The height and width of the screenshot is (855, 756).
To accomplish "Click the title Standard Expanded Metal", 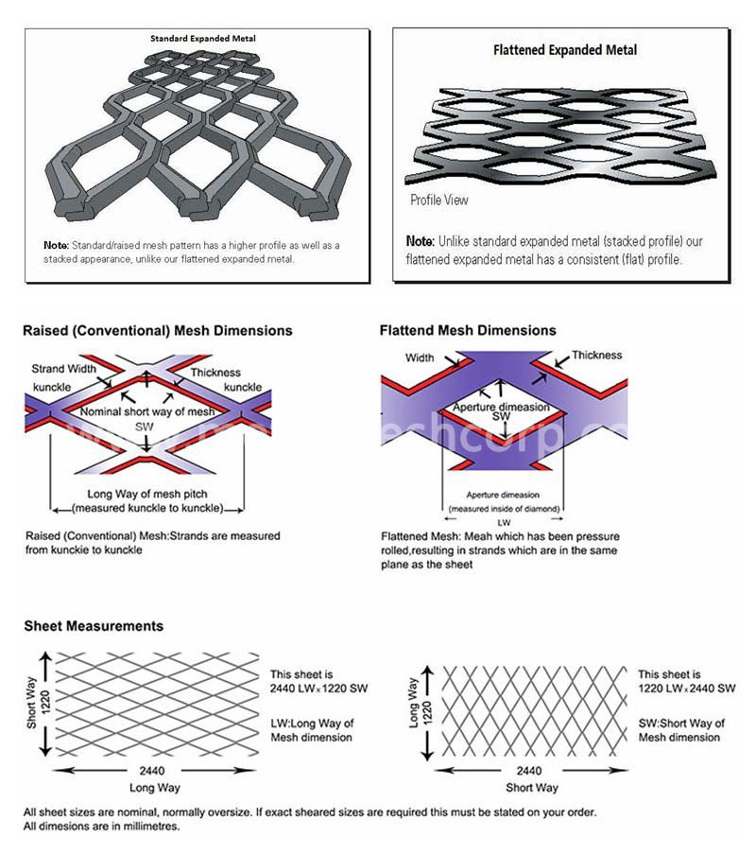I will click(203, 38).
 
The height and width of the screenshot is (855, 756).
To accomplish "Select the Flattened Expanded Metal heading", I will click(565, 50).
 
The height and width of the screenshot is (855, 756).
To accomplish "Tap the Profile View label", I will click(438, 201).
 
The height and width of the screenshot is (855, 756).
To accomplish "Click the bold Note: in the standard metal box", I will click(56, 245).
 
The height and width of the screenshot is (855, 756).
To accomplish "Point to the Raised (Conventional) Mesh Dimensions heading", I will click(158, 331).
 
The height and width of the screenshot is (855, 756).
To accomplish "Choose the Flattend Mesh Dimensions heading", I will click(468, 331).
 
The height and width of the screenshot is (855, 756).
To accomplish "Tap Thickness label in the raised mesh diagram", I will click(215, 373).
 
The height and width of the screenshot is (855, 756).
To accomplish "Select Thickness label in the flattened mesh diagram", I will click(596, 356).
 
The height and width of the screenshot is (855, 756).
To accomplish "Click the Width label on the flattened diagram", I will click(420, 358).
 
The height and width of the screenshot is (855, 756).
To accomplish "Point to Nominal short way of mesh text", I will click(143, 412).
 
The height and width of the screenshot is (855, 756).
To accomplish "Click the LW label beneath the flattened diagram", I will click(502, 521).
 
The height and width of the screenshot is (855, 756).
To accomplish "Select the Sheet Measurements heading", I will click(94, 626).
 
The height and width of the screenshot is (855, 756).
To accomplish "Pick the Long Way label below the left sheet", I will click(154, 787).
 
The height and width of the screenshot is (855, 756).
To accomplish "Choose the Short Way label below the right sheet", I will click(532, 787).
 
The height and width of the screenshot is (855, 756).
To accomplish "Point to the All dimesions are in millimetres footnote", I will click(101, 826).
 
